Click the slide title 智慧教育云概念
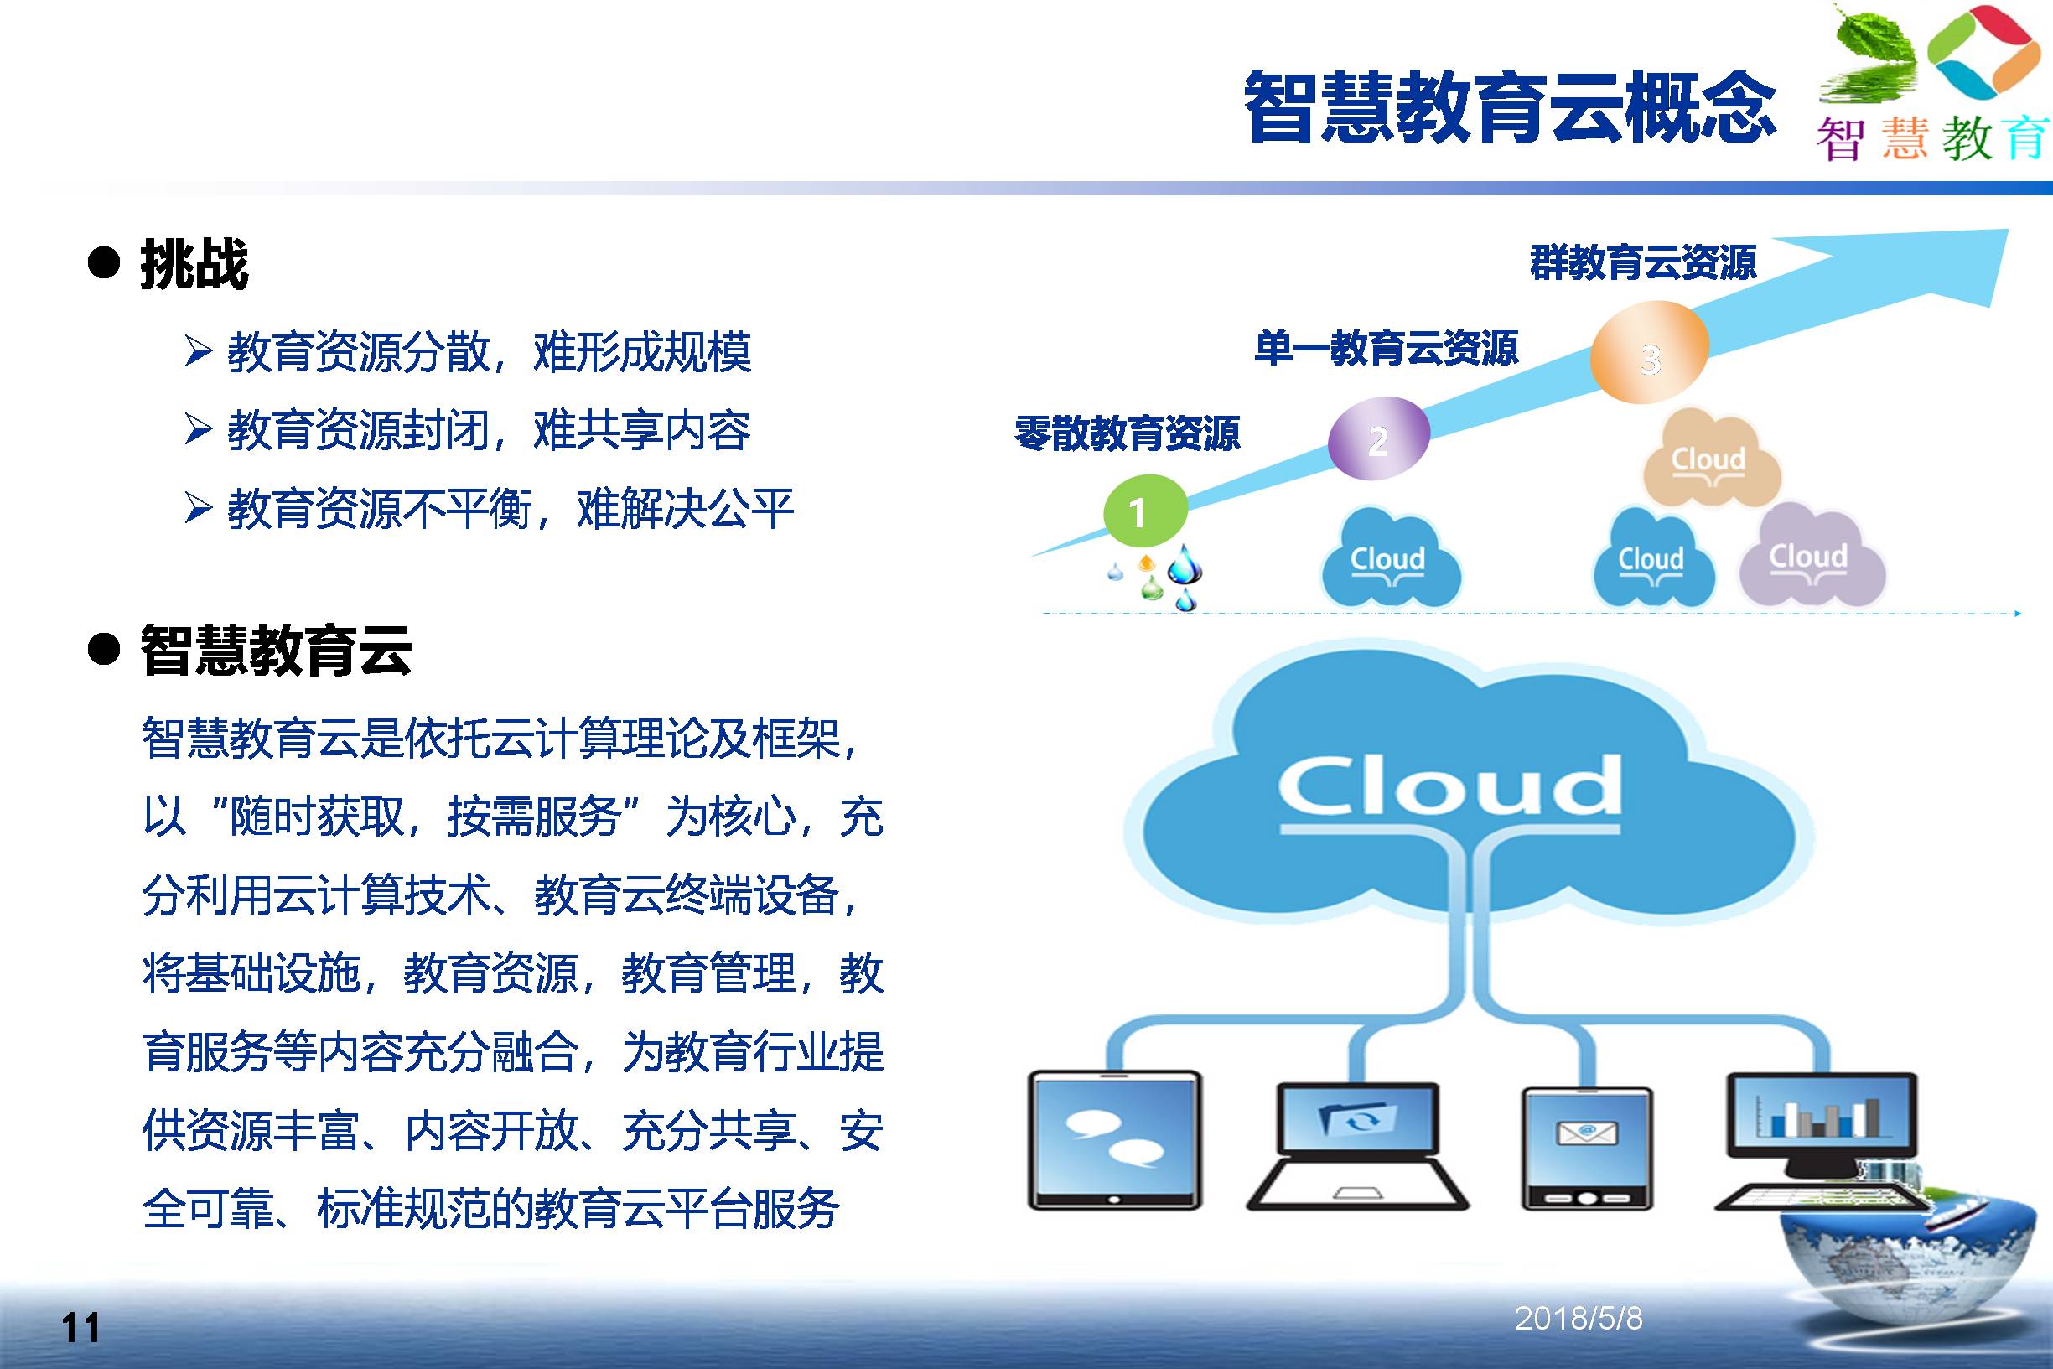[1509, 106]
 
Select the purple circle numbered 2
[1378, 439]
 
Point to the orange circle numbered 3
[1649, 353]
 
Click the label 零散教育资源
[1127, 434]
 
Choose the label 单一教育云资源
[1386, 347]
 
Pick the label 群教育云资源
[1643, 262]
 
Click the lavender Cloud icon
[1813, 555]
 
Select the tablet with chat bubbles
[1115, 1139]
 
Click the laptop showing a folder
[1356, 1145]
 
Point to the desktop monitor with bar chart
[1822, 1139]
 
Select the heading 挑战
[194, 264]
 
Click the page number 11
[81, 1328]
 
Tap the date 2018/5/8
[1579, 1319]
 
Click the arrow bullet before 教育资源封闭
[199, 429]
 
